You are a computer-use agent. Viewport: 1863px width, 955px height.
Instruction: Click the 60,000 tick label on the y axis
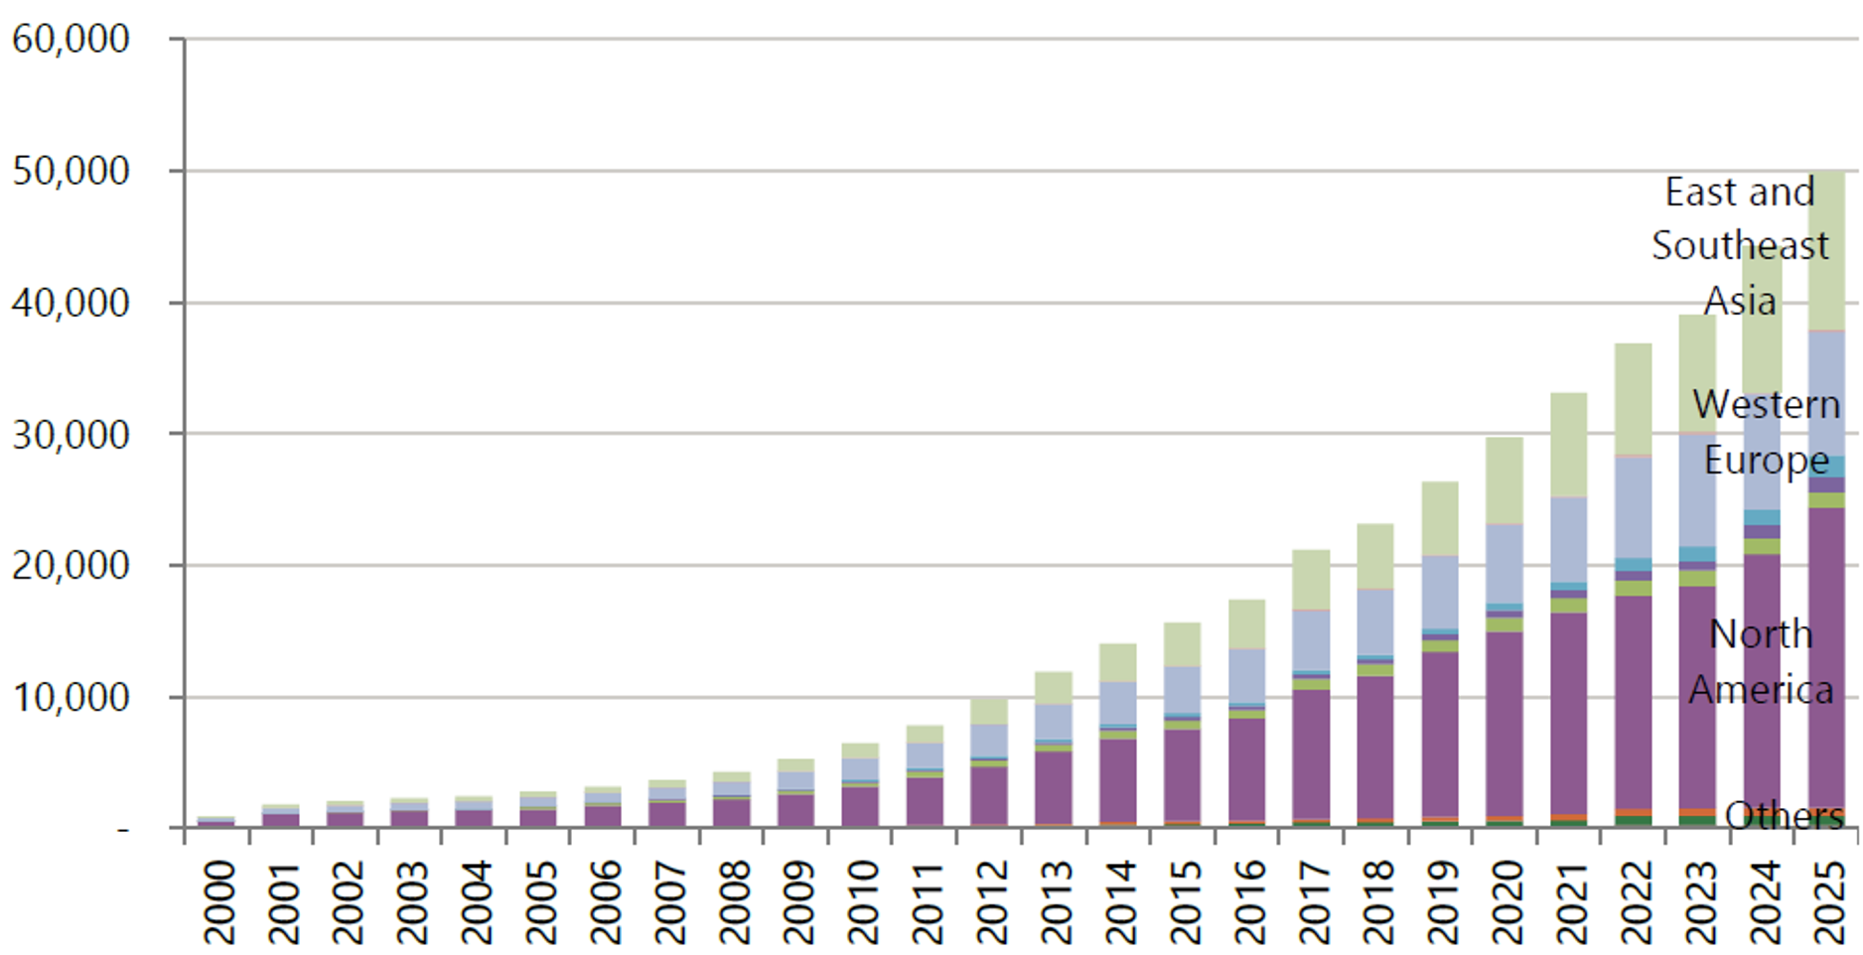[x=71, y=40]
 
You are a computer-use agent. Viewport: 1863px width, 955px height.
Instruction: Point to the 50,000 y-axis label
[x=71, y=172]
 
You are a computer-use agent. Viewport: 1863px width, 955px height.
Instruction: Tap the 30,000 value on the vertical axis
[x=71, y=435]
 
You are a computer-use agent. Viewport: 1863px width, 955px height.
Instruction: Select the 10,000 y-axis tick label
[x=71, y=698]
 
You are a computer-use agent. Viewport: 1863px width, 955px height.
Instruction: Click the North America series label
[x=1761, y=661]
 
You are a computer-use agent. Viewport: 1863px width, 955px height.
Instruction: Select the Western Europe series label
[x=1767, y=432]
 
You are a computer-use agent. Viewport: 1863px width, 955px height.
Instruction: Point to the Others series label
[x=1784, y=816]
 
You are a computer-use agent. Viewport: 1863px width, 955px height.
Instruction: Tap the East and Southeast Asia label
[x=1740, y=245]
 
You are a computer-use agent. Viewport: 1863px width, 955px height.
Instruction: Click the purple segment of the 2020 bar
[x=1505, y=725]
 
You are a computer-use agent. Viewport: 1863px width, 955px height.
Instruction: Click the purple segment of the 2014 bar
[x=1117, y=779]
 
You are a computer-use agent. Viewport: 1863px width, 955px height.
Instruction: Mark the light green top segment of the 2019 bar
[x=1440, y=518]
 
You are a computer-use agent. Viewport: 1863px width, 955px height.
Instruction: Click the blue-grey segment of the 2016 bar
[x=1246, y=675]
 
